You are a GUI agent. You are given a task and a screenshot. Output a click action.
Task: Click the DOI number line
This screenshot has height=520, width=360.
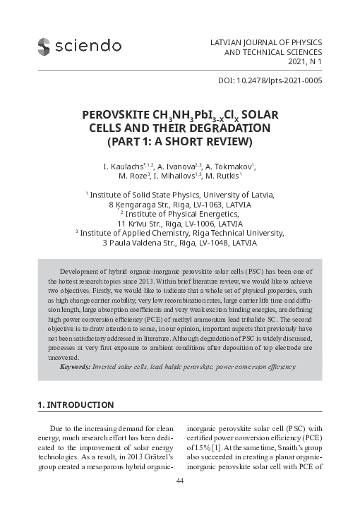coord(272,81)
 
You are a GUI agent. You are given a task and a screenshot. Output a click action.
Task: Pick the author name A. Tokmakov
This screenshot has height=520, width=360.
coord(230,167)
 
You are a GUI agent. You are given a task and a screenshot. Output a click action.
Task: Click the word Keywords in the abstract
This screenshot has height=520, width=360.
coord(74,367)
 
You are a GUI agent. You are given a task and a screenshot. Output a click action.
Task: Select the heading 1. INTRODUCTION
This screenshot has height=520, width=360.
coord(75,405)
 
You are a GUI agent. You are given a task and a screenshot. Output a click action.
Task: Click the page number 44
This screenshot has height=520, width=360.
coord(179,481)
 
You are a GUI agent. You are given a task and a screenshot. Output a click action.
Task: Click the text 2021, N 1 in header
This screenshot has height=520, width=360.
coord(301,62)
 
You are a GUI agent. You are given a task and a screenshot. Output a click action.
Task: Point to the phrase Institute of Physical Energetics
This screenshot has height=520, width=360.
coord(181,214)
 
